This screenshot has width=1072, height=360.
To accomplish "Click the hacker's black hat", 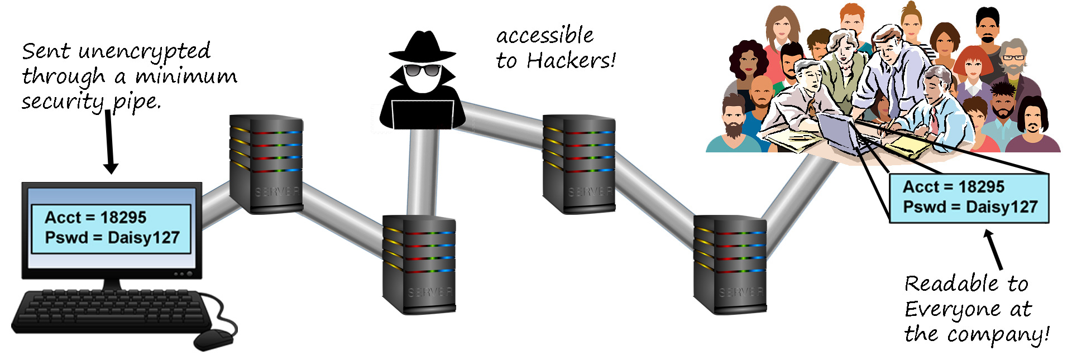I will tap(422, 46).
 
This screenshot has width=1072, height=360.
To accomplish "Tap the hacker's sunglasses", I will tap(422, 70).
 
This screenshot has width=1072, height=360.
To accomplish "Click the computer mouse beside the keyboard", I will tap(213, 338).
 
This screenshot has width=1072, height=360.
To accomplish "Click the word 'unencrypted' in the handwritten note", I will tap(144, 52).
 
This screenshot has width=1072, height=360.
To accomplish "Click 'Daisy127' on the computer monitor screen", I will tap(143, 238).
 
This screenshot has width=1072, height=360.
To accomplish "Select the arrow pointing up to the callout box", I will tap(994, 249).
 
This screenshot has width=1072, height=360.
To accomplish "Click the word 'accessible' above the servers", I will tap(545, 36).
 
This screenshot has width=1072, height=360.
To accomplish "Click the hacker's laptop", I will tap(422, 114).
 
